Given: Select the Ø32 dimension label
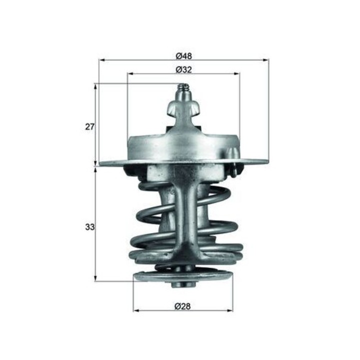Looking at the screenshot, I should coord(183,70).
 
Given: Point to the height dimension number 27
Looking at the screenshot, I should coord(89,126).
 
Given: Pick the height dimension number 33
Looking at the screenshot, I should coord(89,227).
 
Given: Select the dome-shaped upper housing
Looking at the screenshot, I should coord(183,145).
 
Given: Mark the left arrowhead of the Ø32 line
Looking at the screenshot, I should coord(130,74).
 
